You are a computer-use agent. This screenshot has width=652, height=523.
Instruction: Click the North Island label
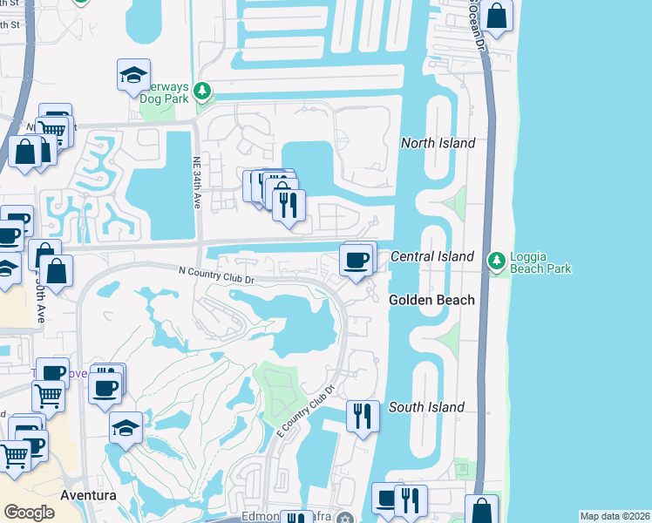coord(438,143)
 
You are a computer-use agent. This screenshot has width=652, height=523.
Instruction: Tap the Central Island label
coord(432,256)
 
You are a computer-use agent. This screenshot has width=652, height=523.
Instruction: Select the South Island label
coord(426,407)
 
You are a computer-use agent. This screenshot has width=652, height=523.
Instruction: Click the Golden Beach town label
coord(431,300)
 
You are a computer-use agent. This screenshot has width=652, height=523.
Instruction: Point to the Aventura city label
coord(88,495)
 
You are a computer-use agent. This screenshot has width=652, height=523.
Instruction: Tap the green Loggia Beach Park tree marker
coord(496,260)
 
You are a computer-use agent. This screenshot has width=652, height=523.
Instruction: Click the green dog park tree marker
coord(202,90)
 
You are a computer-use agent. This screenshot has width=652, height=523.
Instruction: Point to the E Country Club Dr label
coord(305,412)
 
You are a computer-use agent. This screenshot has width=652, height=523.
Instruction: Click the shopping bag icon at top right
coord(496,17)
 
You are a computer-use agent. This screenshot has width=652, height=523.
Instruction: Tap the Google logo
coord(29,513)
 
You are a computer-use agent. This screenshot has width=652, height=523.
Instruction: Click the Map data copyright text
coord(615,516)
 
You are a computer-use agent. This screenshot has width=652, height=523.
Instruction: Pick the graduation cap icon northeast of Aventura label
coord(127,428)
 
